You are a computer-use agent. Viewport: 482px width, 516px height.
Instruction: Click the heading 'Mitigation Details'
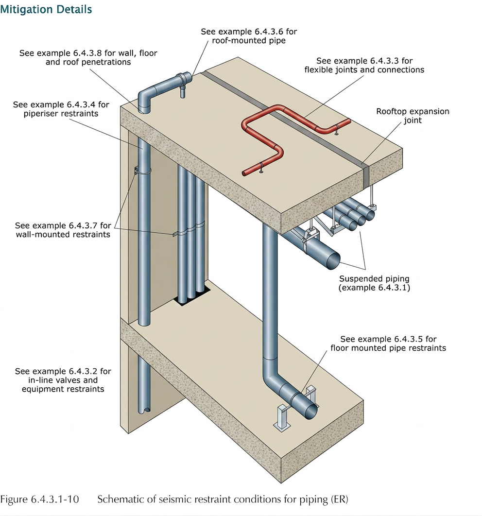(x=46, y=9)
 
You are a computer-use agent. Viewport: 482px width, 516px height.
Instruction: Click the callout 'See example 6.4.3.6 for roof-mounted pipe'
(x=249, y=36)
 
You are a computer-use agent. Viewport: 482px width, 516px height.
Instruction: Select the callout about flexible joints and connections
(x=364, y=65)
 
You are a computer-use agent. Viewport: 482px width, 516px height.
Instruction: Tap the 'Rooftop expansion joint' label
(x=413, y=116)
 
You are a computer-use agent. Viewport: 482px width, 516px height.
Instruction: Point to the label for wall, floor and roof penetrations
(x=88, y=57)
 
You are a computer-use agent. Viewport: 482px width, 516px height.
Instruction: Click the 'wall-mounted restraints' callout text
(x=62, y=230)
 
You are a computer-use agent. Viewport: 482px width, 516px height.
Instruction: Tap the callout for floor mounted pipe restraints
(x=388, y=344)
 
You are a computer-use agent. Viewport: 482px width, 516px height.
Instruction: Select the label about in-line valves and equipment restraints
(x=63, y=380)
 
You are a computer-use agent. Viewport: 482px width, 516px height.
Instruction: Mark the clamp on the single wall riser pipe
(x=141, y=171)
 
